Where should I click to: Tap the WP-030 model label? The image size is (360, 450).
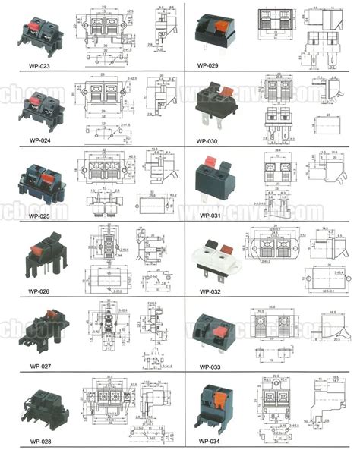click(207, 140)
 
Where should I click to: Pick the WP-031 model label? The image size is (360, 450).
click(207, 216)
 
